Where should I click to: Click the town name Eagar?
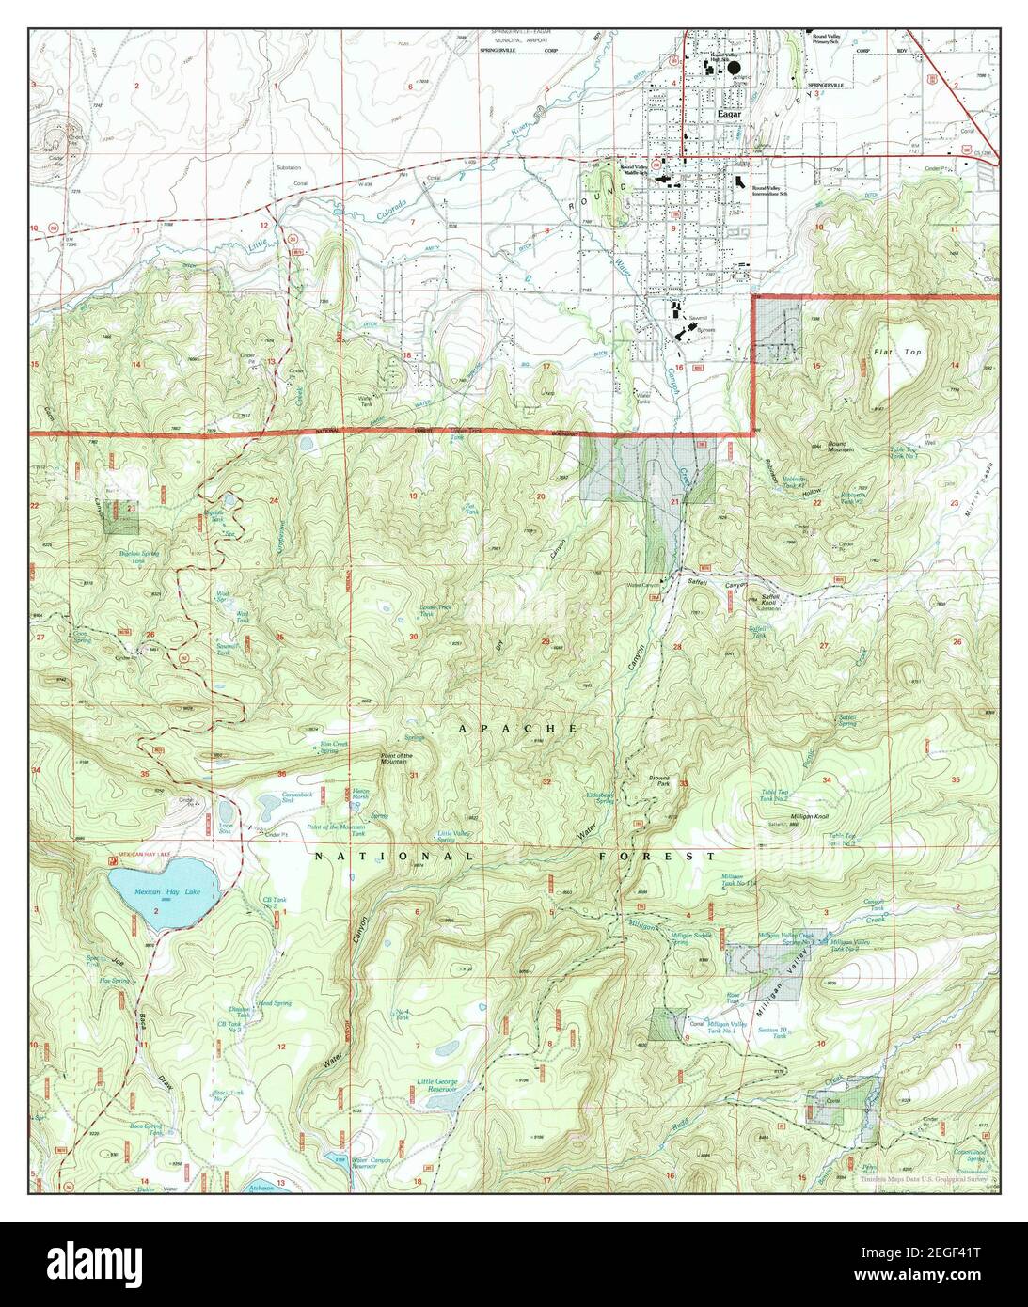coord(729,114)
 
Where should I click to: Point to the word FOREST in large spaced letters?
coord(658,857)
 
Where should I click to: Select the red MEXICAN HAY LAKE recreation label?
coord(141,855)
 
